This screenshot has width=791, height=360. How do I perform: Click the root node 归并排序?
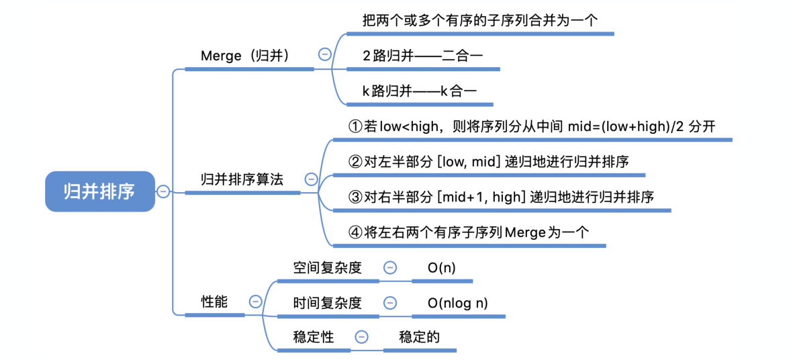point(99,191)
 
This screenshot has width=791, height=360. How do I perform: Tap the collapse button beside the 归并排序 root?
point(163,191)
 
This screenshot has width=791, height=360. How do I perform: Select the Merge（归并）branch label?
point(245,56)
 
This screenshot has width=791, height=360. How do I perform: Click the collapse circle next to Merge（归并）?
point(324,54)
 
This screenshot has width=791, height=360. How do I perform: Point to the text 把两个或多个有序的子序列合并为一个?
point(479,20)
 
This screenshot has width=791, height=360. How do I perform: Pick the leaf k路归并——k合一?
point(420,91)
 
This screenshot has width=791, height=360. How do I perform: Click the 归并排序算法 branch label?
point(242,179)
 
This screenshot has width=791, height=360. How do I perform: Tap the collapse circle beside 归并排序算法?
point(311,179)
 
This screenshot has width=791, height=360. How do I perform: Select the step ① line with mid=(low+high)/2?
point(532,126)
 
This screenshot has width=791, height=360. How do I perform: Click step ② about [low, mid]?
point(489,162)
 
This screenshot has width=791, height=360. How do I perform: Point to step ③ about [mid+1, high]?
point(502,197)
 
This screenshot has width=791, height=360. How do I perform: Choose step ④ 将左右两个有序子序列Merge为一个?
point(469,232)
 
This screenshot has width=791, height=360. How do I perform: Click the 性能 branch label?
point(215,302)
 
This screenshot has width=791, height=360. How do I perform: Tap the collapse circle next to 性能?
point(255,302)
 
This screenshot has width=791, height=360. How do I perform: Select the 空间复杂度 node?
point(328,267)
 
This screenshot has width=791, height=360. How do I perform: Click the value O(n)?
point(441,267)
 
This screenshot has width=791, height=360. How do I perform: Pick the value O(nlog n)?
point(457,303)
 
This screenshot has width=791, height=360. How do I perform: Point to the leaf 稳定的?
point(419,336)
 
